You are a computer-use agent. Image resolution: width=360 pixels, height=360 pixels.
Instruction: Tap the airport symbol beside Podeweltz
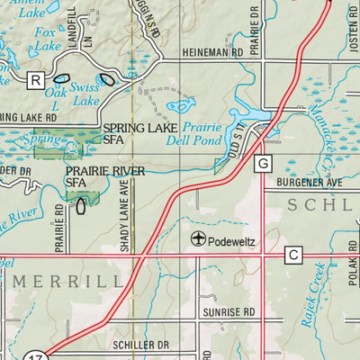tap(198, 238)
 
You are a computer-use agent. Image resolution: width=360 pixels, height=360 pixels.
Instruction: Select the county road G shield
tap(263, 163)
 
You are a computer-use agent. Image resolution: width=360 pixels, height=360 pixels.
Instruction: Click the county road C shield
tap(293, 256)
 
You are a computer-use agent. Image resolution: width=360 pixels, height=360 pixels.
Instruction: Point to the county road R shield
tap(36, 80)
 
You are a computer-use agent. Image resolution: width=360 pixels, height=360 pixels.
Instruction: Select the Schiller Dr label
tap(141, 345)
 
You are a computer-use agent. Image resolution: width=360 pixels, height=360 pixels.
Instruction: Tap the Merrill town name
tap(68, 281)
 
